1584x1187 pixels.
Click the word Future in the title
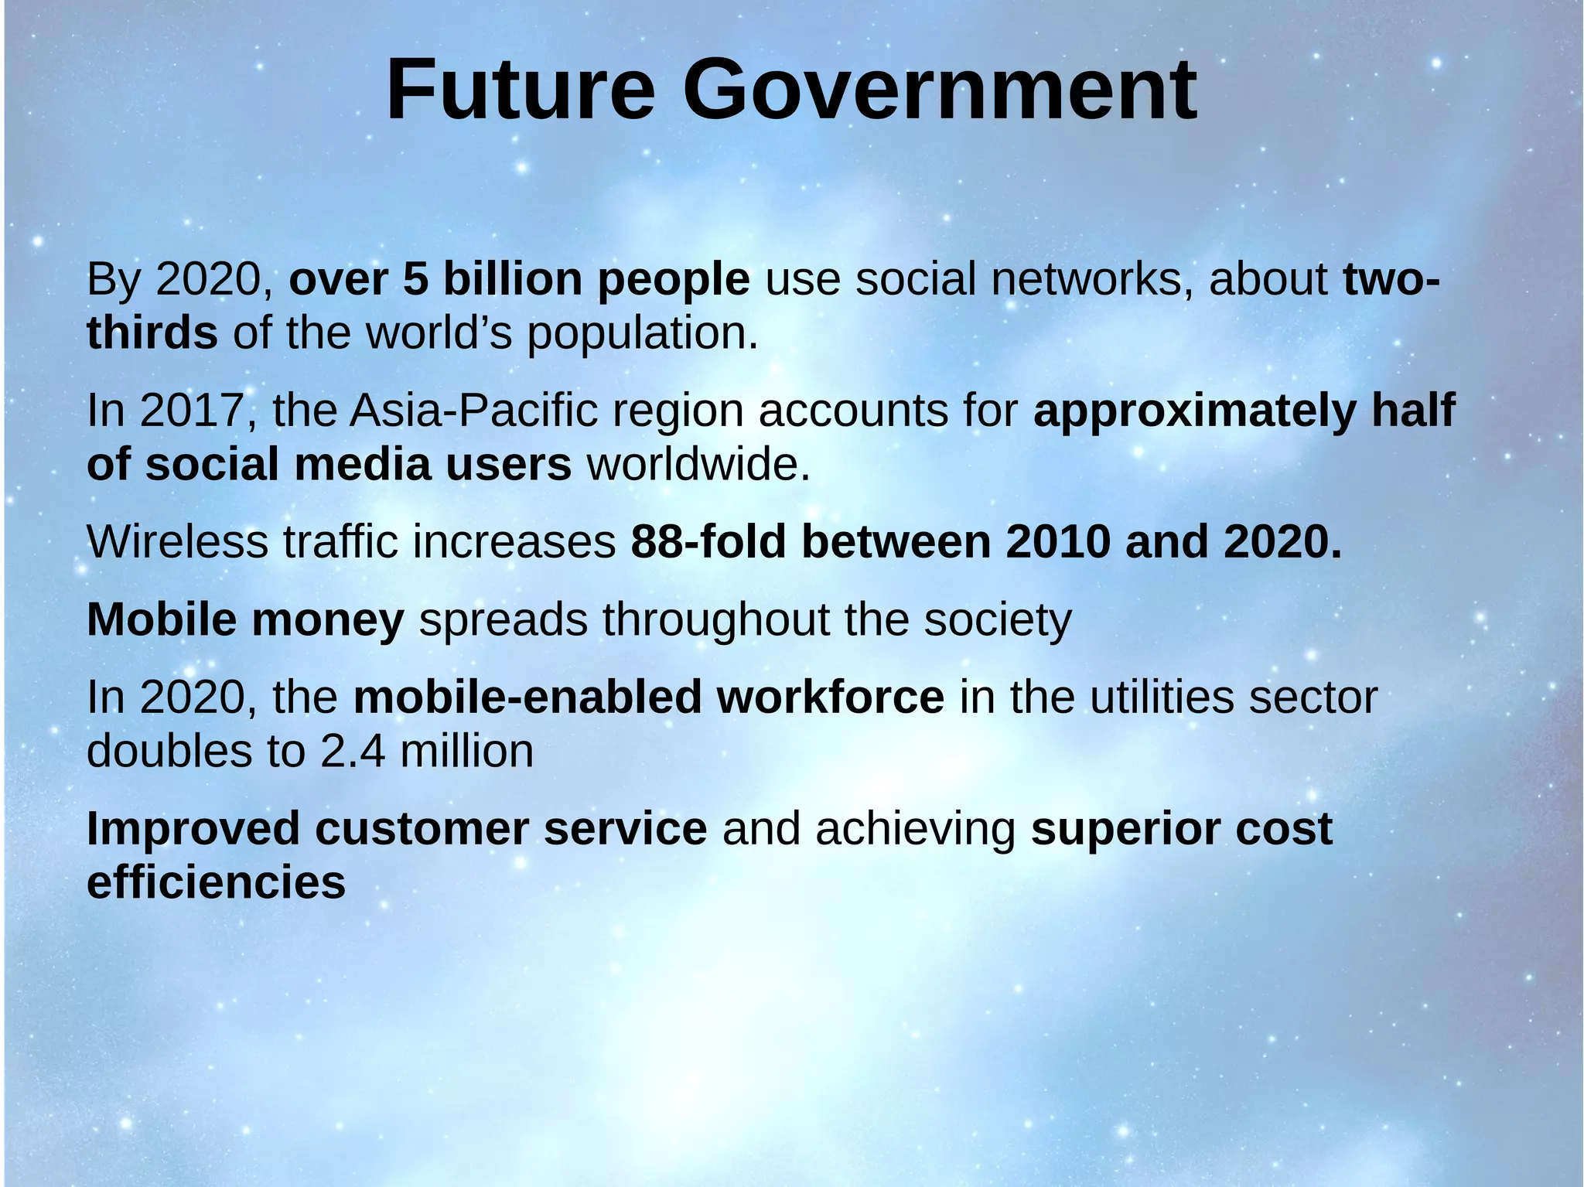coord(520,91)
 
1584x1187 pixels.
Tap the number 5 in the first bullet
coord(415,279)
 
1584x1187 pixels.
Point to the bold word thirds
coord(152,333)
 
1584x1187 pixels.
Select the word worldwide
coord(698,465)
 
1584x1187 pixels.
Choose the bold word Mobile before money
coord(162,619)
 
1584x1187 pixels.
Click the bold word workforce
coord(830,697)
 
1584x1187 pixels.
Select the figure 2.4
coord(352,751)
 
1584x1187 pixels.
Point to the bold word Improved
coord(193,830)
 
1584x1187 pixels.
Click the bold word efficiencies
coord(216,882)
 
